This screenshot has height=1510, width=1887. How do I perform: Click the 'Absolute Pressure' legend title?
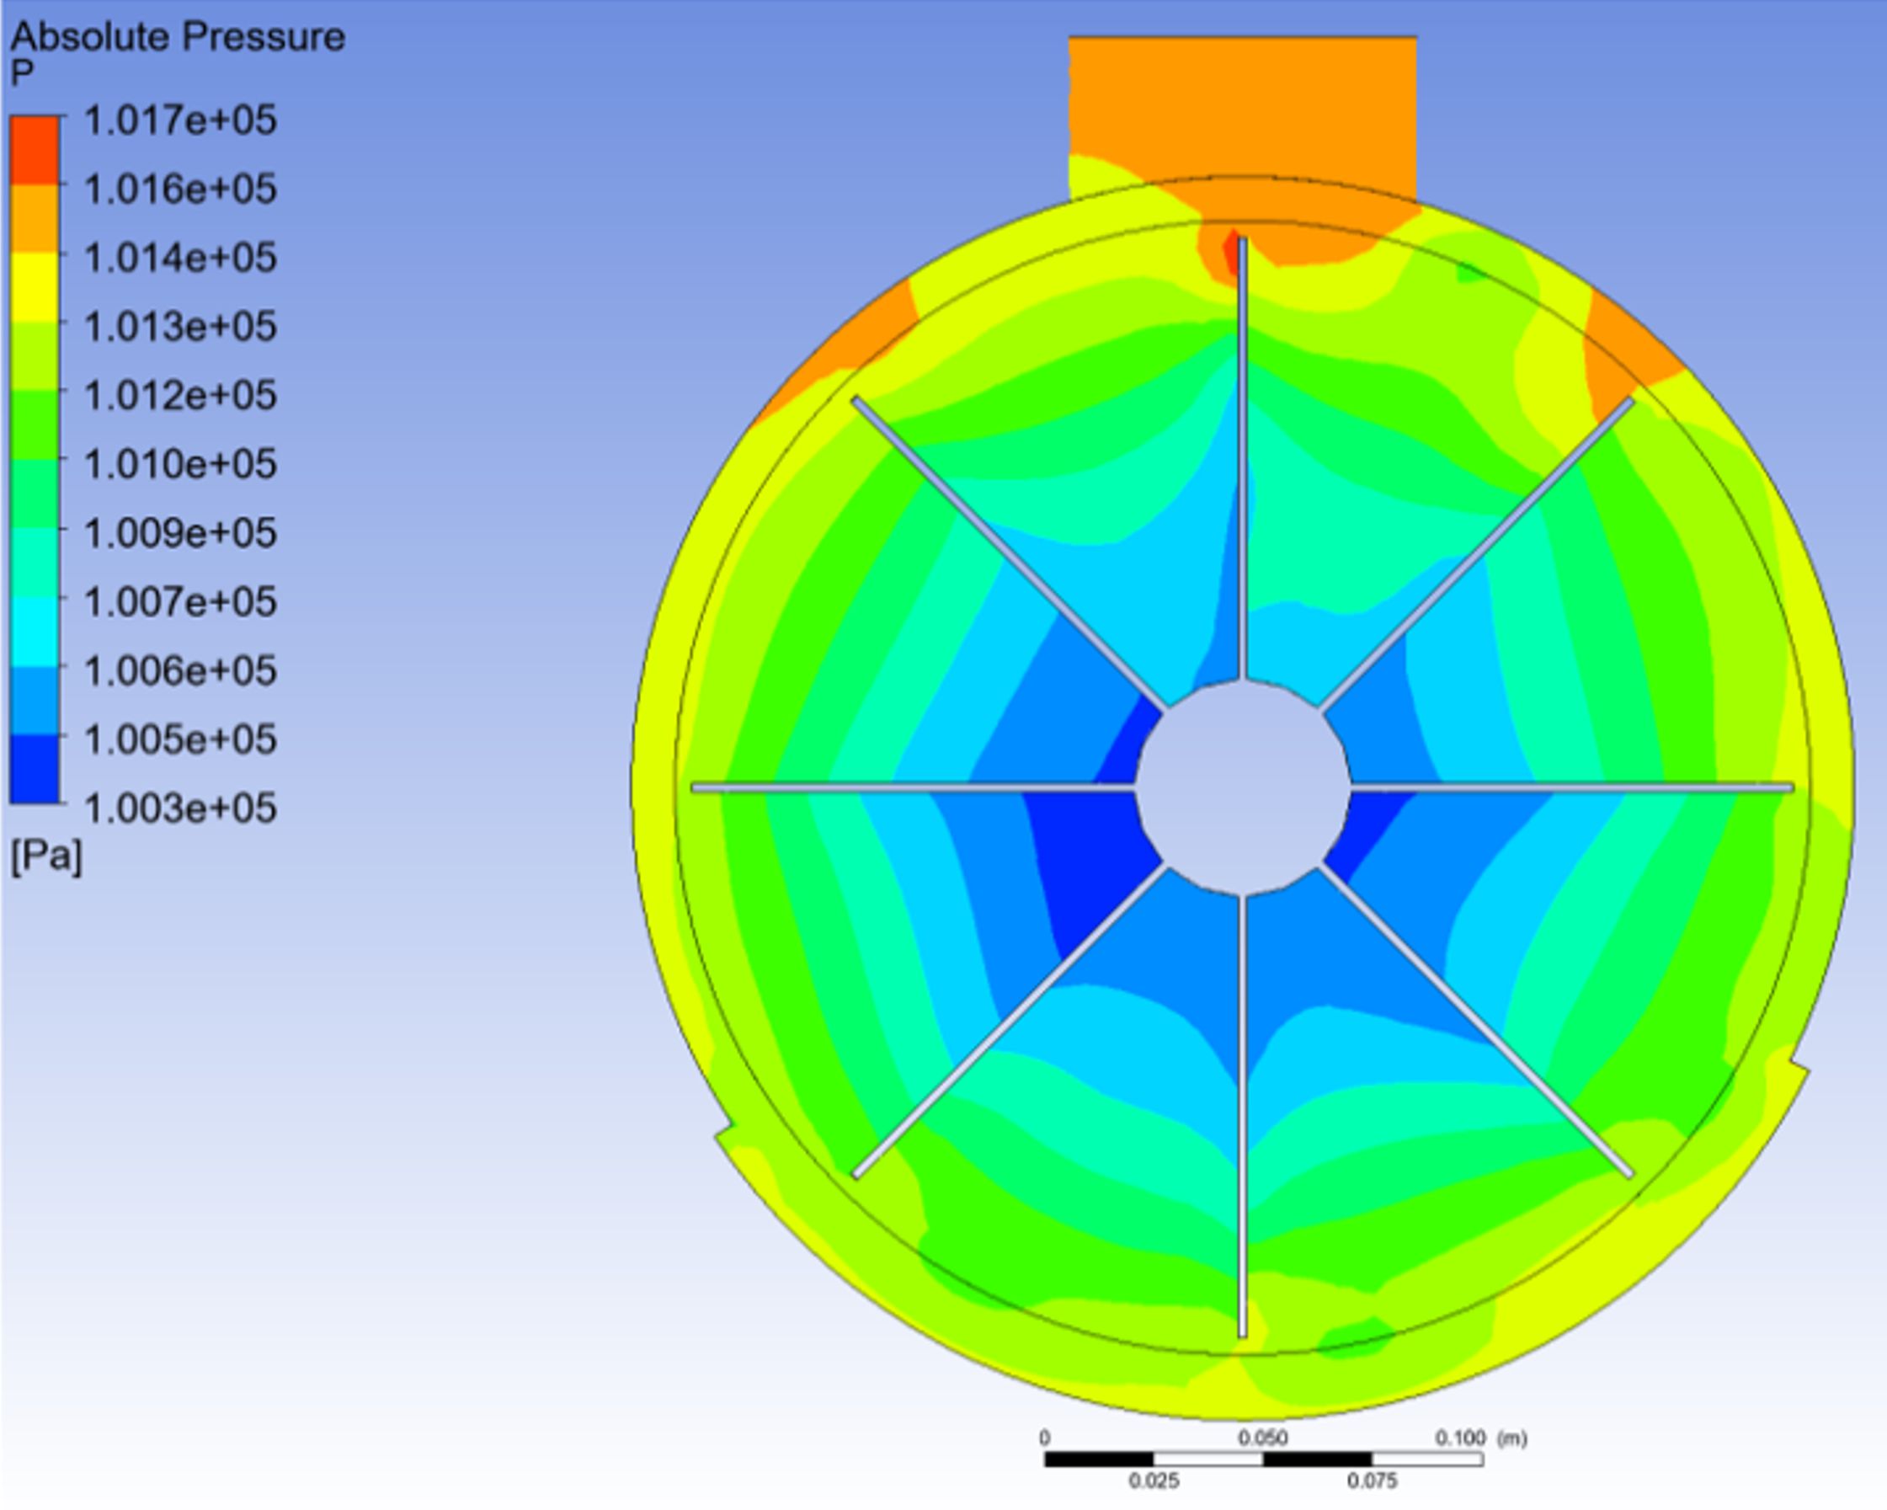178,37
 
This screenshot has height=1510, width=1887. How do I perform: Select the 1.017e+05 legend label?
180,119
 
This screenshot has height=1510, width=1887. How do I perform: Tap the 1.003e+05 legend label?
180,807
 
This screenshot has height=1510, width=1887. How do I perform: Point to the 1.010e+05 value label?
180,463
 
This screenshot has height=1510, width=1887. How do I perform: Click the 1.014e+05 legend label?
180,258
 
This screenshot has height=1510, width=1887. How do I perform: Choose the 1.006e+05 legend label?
180,670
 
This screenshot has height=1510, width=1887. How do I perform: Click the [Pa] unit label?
46,856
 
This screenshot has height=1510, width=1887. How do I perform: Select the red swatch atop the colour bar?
35,150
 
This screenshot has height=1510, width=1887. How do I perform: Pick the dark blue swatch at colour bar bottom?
35,768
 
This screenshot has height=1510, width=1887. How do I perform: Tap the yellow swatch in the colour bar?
35,288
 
